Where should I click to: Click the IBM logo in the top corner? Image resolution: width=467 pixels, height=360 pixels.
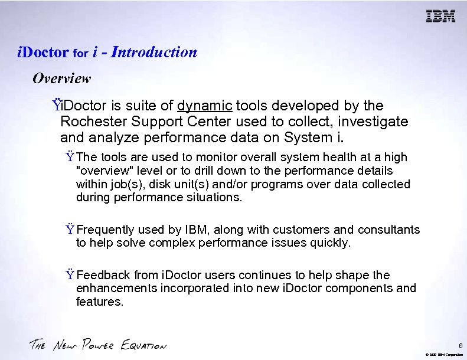(440, 17)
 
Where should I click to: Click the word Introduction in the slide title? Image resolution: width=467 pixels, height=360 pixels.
(154, 53)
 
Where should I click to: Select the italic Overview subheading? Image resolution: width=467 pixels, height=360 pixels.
(61, 78)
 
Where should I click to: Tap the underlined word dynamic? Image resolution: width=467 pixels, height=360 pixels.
(204, 106)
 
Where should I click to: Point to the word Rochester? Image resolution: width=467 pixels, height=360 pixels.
(89, 122)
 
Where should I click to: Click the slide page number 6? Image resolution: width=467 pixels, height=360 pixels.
(460, 345)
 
